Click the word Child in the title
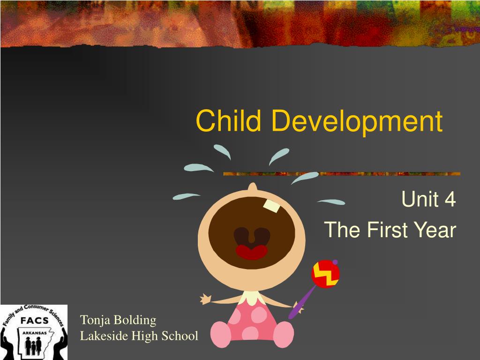click(x=228, y=121)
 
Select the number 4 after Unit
click(x=450, y=200)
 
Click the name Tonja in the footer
click(x=95, y=321)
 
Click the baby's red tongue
click(x=252, y=252)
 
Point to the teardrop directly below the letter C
click(x=222, y=151)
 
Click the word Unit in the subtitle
click(x=419, y=200)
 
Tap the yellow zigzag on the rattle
click(x=325, y=274)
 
